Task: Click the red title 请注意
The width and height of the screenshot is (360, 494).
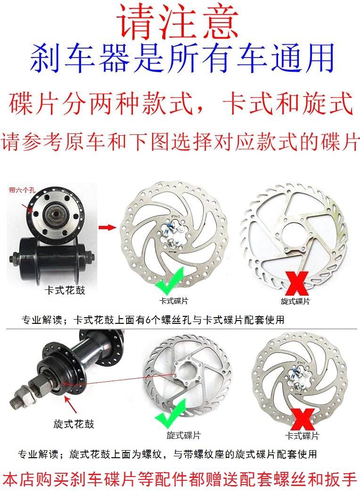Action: pos(179,23)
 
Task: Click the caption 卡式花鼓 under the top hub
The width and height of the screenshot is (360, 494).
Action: pos(65,290)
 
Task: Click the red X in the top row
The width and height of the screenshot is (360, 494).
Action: pos(295,284)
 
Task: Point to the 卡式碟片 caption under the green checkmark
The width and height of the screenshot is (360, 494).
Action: pos(173,300)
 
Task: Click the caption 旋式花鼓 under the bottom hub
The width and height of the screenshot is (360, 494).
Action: pos(74,424)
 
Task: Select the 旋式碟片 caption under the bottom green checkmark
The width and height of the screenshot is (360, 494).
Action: pos(180,436)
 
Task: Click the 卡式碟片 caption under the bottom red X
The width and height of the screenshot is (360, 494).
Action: pos(302,435)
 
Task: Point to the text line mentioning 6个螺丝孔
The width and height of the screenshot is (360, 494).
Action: pos(153,320)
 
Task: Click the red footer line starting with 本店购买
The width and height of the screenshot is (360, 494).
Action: pos(180,480)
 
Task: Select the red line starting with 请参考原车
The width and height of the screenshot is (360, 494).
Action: pos(180,142)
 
